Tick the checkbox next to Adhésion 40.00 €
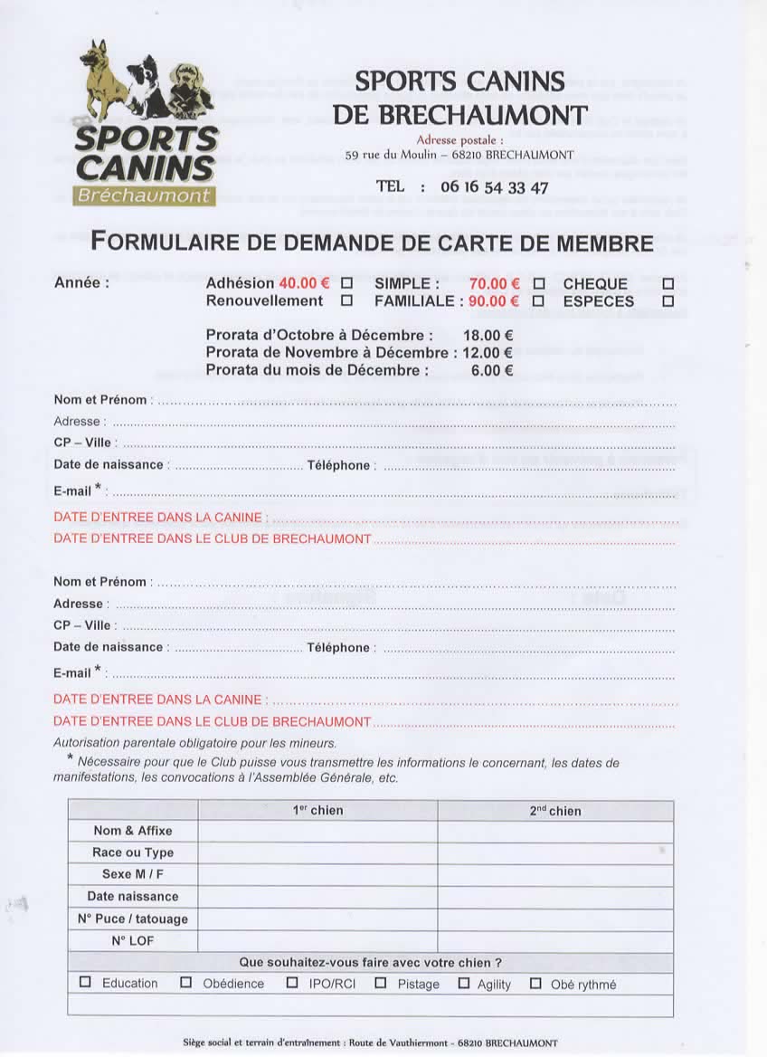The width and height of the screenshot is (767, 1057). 346,283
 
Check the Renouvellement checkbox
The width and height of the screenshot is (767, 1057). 346,301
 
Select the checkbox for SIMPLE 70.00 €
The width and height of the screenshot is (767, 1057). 538,283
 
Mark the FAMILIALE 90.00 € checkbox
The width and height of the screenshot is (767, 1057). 538,301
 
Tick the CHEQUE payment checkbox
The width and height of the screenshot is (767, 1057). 668,283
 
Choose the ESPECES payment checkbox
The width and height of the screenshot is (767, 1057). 668,301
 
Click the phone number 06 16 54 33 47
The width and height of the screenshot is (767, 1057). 494,187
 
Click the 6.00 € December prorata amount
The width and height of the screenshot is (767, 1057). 492,370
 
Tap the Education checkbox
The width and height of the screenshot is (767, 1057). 86,983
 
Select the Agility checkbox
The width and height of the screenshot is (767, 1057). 464,983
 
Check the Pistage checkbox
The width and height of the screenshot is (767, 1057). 381,983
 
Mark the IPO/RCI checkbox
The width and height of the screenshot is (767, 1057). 292,983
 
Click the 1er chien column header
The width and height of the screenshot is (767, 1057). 317,811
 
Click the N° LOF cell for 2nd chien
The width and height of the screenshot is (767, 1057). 555,941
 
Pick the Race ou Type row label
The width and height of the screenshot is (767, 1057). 133,852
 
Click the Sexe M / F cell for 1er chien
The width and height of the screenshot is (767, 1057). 317,875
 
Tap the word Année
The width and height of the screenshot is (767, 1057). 81,282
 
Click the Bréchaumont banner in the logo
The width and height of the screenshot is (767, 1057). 145,195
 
